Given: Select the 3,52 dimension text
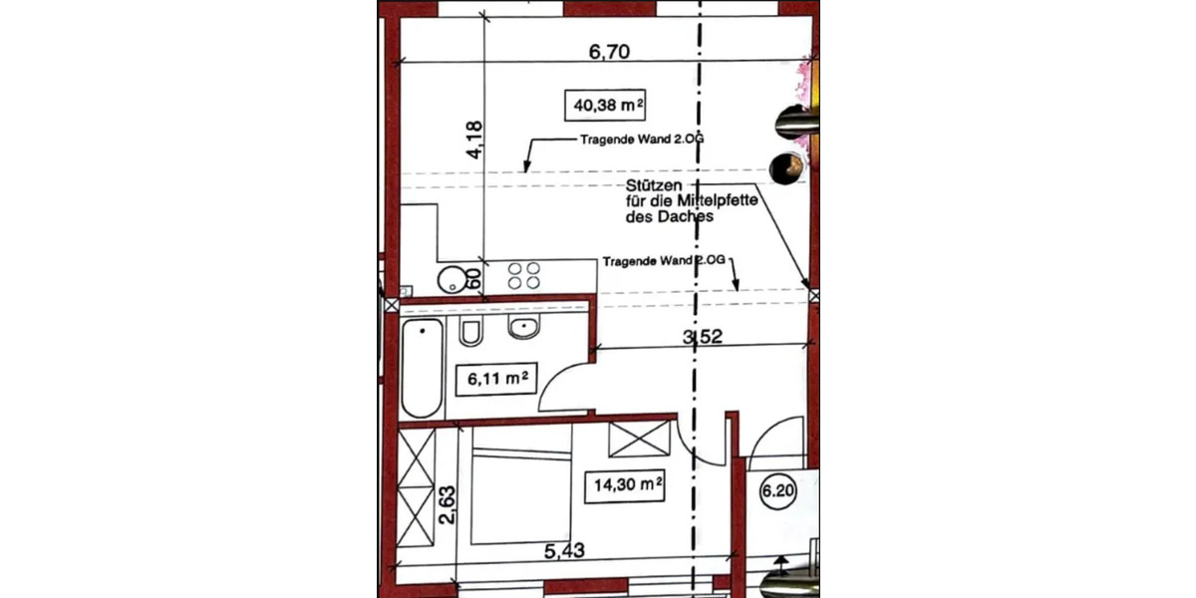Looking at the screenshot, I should [x=702, y=337].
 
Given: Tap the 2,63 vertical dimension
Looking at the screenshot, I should [x=449, y=505].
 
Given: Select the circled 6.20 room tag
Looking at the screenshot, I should [x=778, y=490].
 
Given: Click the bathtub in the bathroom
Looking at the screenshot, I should [x=422, y=368].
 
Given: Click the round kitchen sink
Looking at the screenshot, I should [x=455, y=278].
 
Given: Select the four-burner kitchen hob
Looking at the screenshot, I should [x=524, y=276].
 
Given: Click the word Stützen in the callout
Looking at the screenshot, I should [x=653, y=186].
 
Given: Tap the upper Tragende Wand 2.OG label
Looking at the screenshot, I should [x=641, y=141].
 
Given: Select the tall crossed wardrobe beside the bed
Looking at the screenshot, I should [x=417, y=488].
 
